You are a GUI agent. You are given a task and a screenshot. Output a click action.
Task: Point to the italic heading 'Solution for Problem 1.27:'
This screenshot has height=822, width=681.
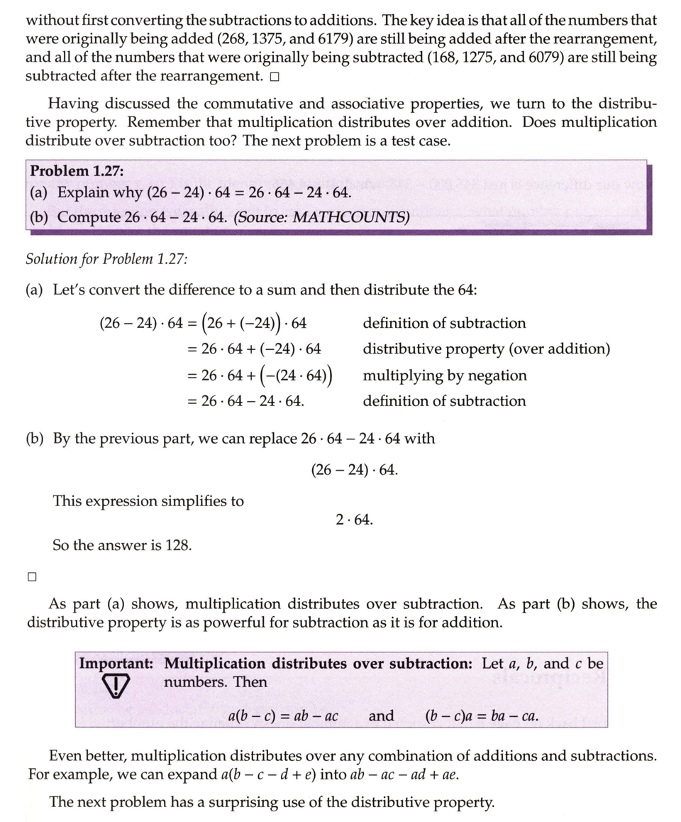106,258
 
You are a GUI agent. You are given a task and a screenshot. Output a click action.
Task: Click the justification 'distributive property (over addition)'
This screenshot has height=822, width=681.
486,349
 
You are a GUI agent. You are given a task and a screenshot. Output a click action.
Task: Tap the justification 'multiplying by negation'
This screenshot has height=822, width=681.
445,376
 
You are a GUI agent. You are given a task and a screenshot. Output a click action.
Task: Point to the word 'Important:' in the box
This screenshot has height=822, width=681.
116,664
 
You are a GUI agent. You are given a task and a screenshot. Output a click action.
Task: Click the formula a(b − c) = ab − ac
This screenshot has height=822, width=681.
283,716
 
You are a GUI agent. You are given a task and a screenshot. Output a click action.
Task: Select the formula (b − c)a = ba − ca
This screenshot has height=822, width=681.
481,716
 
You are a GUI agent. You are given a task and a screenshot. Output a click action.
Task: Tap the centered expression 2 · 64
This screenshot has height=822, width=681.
354,520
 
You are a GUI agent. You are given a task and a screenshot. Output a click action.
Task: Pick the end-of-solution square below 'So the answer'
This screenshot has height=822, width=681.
31,576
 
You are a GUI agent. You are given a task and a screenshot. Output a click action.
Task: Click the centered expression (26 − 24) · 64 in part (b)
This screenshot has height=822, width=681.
354,470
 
